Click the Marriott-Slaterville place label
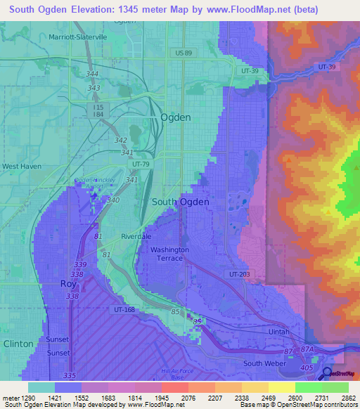pos(78,37)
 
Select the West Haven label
pos(21,167)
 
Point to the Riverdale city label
pos(136,237)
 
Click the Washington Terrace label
pos(169,254)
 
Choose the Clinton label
pos(18,344)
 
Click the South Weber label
pos(262,363)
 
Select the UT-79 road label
pos(141,164)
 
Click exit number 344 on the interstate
pos(92,74)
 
